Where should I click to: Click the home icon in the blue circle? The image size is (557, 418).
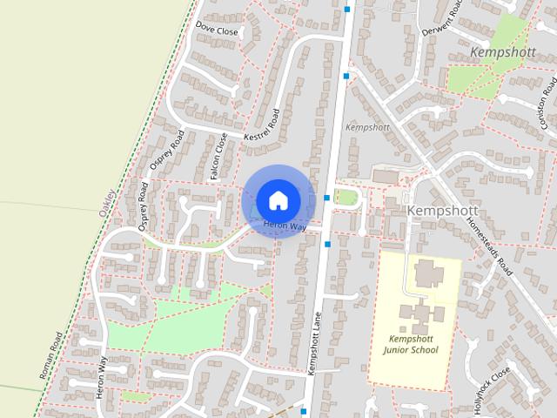click(278, 199)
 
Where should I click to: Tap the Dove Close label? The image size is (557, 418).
click(217, 30)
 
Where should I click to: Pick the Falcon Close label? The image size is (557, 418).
click(218, 158)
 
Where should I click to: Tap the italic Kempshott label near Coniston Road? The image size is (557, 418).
click(500, 52)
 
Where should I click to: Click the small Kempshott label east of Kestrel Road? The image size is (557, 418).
click(367, 127)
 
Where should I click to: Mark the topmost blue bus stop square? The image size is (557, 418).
click(347, 10)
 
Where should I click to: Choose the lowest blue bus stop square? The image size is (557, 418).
click(304, 410)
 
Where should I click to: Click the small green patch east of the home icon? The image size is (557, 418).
click(346, 197)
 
